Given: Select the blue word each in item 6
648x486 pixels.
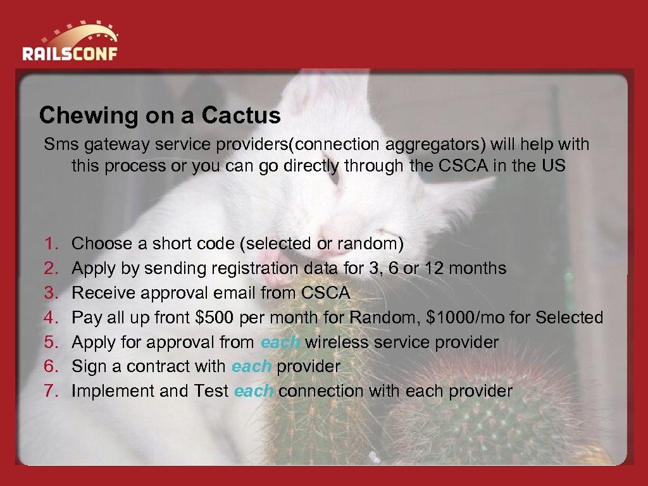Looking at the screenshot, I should tap(251, 367).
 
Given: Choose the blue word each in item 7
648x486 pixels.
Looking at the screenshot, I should tap(253, 392).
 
